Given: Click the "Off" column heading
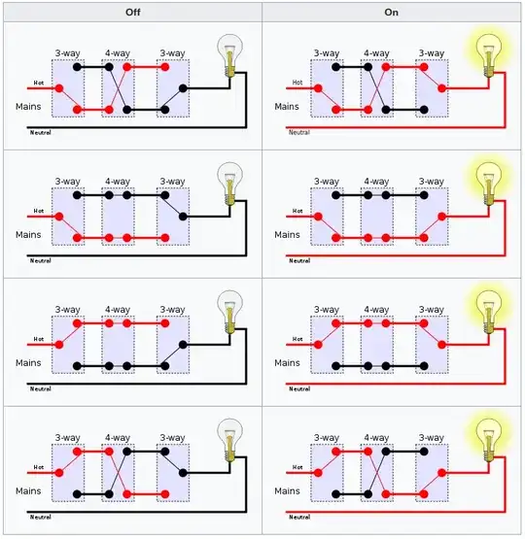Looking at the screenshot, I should point(131,11).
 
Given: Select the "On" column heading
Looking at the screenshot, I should point(392,11).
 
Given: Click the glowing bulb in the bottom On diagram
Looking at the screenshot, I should point(488,434).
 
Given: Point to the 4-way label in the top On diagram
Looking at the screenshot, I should point(377,53).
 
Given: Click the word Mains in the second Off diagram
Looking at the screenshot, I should point(28,234).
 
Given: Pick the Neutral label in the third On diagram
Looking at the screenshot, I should point(298,387).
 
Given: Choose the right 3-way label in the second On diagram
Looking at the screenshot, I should point(431,182).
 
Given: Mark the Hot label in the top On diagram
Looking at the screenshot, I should point(297,81).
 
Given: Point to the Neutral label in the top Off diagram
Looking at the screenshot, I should point(40,130).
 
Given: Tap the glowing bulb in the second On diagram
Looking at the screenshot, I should point(488,178).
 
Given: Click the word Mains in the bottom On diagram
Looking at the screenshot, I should point(287,490).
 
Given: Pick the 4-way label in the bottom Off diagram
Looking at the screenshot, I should point(118,438).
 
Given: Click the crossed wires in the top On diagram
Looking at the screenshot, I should point(377,89).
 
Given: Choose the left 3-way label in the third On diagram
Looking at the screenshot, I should point(326,310).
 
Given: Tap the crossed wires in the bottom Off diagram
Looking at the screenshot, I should point(118,474).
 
